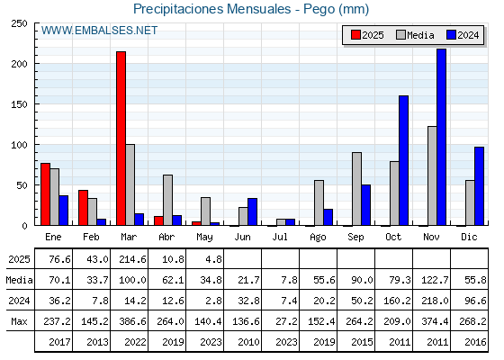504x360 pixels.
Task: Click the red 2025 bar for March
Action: click(x=121, y=139)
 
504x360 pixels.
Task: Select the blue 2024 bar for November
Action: click(x=441, y=137)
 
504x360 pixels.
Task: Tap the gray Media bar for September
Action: click(x=356, y=189)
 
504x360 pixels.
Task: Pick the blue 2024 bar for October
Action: click(x=403, y=160)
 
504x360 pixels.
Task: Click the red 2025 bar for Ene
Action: click(x=45, y=194)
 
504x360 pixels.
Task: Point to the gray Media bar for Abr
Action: click(x=167, y=200)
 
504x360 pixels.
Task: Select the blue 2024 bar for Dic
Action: click(x=479, y=186)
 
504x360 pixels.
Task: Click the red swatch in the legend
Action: click(x=355, y=35)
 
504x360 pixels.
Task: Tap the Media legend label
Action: click(x=420, y=35)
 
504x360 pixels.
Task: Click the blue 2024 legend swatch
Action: click(x=451, y=35)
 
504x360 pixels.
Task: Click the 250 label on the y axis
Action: click(x=19, y=23)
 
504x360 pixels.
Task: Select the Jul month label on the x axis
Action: click(x=280, y=237)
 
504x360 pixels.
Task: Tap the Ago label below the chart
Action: click(x=318, y=238)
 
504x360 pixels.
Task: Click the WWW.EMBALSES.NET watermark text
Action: click(x=99, y=31)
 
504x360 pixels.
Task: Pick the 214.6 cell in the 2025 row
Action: click(x=132, y=259)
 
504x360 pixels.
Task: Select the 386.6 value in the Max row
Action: click(x=132, y=321)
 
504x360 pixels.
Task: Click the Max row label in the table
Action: click(x=19, y=321)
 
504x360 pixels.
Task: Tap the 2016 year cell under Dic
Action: click(x=475, y=342)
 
